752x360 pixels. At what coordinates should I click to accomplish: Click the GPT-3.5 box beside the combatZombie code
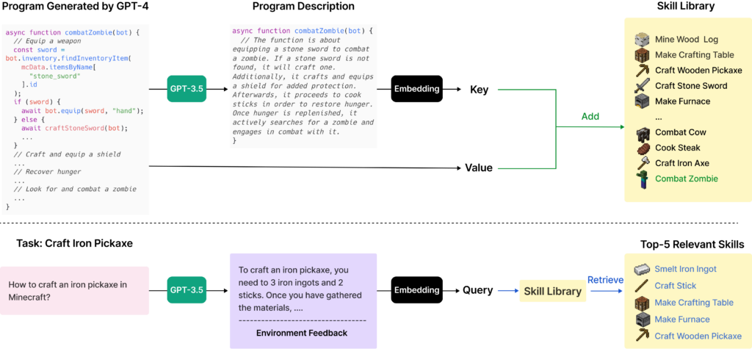187,90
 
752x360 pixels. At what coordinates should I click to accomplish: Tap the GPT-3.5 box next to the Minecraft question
187,290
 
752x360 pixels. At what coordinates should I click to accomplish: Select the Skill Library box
552,291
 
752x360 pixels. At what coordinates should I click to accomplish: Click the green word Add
590,117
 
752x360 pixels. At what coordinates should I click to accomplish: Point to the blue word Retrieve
605,280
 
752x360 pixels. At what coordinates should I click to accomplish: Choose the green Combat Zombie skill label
687,179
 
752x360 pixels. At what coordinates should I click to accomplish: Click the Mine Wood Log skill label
687,39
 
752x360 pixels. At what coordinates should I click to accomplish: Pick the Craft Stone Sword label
691,86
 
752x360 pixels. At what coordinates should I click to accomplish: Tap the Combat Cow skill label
681,132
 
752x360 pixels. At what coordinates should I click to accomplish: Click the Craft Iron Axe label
682,163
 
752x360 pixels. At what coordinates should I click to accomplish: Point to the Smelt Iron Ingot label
686,269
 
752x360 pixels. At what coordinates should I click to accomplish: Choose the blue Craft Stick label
676,286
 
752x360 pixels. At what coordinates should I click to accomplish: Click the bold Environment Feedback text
302,333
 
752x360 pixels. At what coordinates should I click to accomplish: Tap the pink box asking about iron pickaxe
76,291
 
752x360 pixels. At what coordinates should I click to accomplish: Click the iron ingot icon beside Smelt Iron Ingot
643,269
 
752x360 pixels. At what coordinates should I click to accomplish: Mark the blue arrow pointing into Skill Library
507,291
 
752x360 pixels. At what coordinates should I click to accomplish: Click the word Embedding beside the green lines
416,89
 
